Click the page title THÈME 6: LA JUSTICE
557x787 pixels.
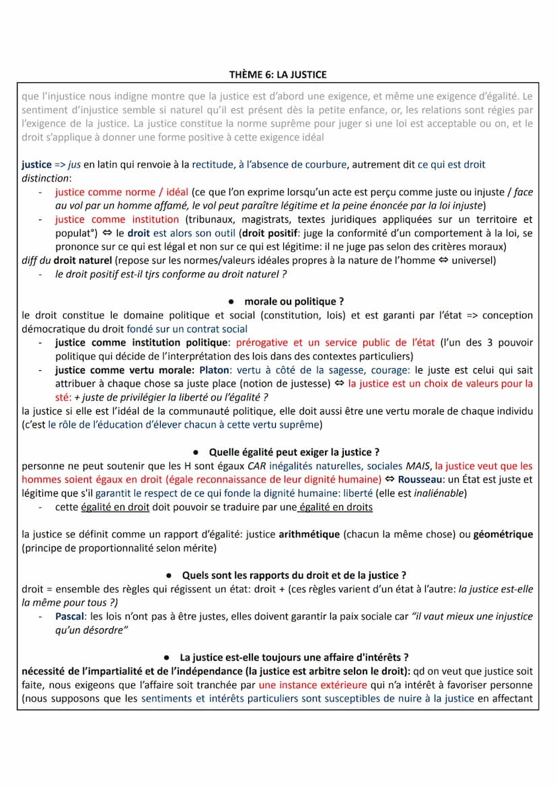pyautogui.click(x=278, y=75)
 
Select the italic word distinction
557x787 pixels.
pyautogui.click(x=45, y=178)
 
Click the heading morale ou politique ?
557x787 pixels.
pyautogui.click(x=294, y=302)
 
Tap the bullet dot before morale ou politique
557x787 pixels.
pyautogui.click(x=231, y=302)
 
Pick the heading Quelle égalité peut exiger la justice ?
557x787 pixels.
pyautogui.click(x=294, y=452)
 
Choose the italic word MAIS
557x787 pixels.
pyautogui.click(x=417, y=466)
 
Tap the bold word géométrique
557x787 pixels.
pyautogui.click(x=503, y=535)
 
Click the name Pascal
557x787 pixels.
pyautogui.click(x=70, y=616)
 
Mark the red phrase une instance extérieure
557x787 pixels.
pyautogui.click(x=313, y=685)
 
